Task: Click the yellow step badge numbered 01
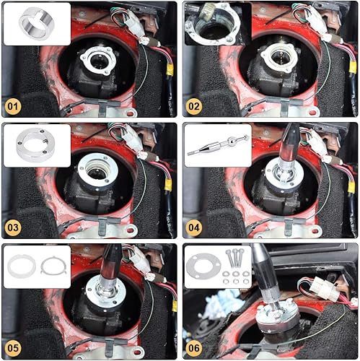[13, 108]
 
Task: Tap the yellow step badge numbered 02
[194, 108]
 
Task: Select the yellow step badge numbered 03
[13, 228]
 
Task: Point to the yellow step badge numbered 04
[194, 228]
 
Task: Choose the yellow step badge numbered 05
[13, 347]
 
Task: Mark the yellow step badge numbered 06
[194, 347]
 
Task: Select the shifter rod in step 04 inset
[216, 146]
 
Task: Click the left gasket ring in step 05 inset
[22, 266]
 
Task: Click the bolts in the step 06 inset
[235, 256]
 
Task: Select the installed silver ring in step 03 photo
[98, 170]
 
